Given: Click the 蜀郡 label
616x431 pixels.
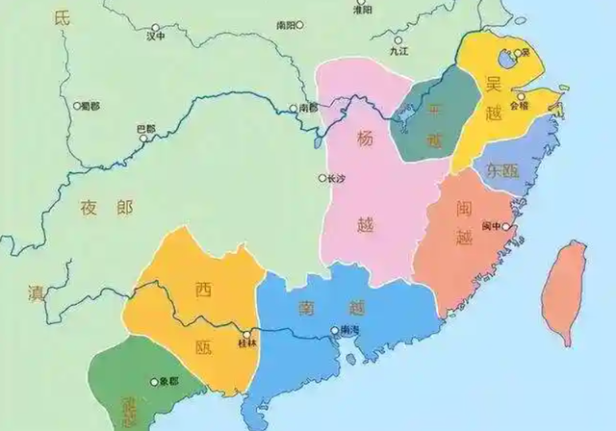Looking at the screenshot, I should tap(90, 104).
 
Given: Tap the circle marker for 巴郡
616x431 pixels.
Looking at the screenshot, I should tap(144, 139).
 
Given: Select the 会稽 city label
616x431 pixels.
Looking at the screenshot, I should tap(520, 107).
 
